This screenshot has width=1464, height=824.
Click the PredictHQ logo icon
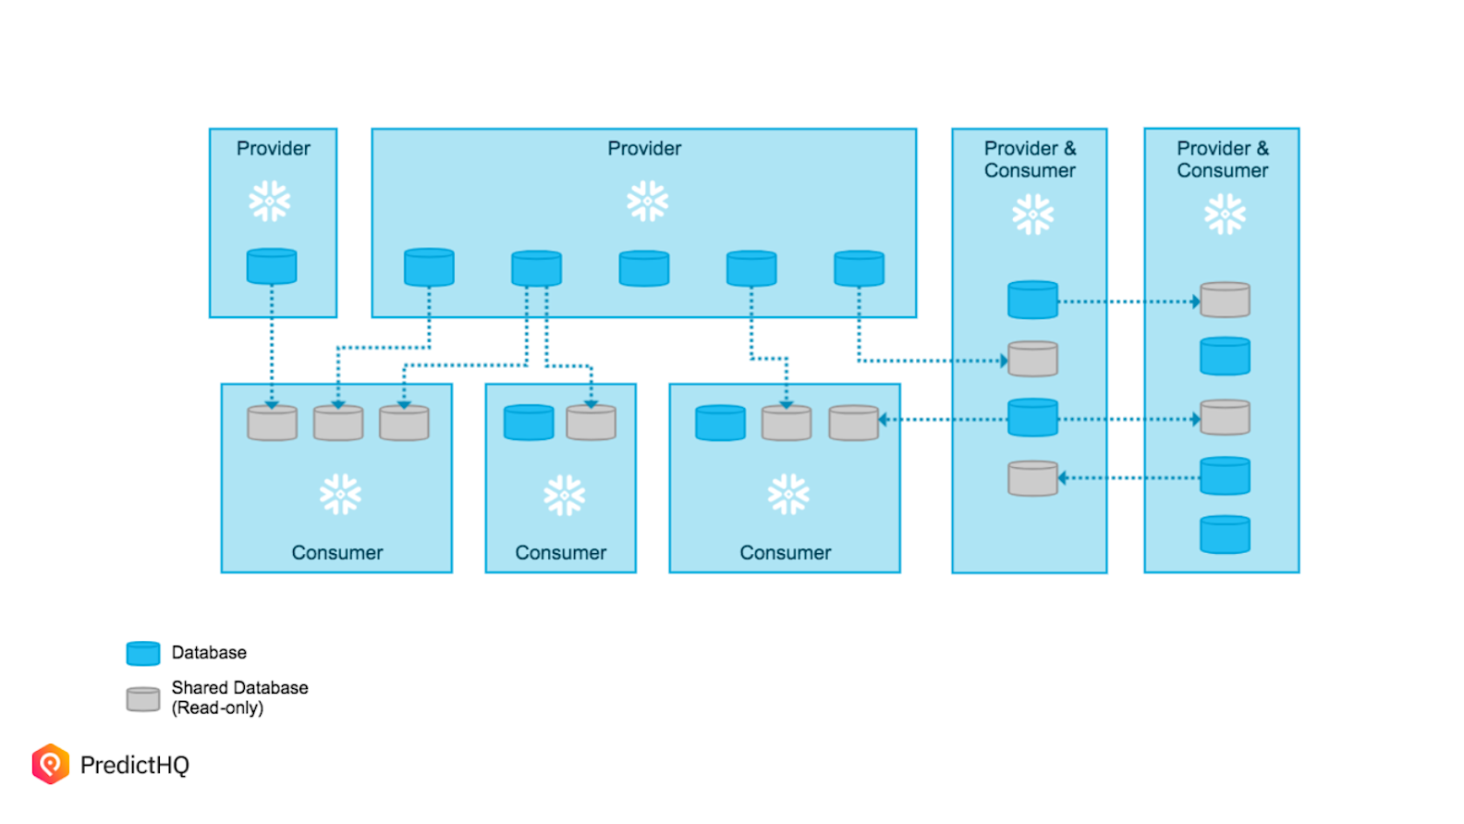[x=51, y=764]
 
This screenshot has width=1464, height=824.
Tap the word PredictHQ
[x=135, y=765]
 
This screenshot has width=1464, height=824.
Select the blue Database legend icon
[x=143, y=653]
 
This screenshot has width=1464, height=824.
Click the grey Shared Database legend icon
[x=143, y=699]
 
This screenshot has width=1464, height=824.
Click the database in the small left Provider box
[x=272, y=266]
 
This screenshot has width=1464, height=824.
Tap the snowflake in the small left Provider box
[x=270, y=201]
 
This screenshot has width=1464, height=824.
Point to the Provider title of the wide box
[x=644, y=148]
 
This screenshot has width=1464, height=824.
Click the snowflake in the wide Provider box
[x=647, y=201]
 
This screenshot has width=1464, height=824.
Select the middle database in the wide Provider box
[x=644, y=268]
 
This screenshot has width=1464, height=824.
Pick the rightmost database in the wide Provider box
[x=859, y=268]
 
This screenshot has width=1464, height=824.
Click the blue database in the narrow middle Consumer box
[x=529, y=423]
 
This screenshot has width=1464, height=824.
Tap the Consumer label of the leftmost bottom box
[x=336, y=552]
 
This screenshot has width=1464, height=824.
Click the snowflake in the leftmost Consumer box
[x=340, y=494]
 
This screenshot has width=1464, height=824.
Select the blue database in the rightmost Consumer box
[x=720, y=423]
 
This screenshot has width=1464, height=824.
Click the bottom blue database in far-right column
[x=1225, y=535]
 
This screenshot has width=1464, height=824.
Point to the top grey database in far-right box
[x=1225, y=301]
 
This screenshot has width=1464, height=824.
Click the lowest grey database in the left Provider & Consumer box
[x=1032, y=478]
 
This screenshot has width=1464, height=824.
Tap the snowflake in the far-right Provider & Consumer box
[x=1225, y=214]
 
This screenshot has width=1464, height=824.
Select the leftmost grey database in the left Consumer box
[x=273, y=423]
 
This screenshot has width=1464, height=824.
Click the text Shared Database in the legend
[x=239, y=687]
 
